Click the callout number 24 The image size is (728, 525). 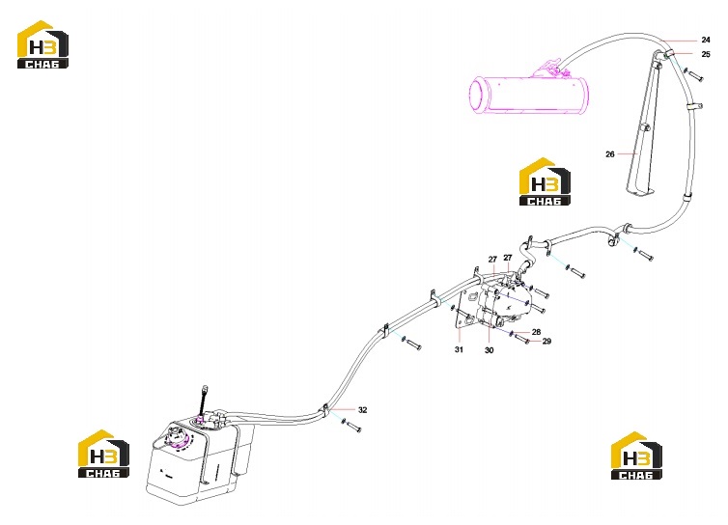(706, 40)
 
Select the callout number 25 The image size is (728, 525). (706, 54)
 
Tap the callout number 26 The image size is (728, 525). (610, 154)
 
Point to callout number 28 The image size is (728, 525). (536, 332)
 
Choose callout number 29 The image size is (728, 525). (546, 342)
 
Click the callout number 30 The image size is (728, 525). (489, 350)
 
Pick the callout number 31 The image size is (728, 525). (459, 349)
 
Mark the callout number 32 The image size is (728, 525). (363, 410)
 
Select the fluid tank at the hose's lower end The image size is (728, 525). (200, 457)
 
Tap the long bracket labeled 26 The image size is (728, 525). (643, 125)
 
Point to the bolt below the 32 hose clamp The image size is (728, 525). (351, 426)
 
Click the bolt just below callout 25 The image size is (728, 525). (693, 74)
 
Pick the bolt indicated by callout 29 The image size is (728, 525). (521, 338)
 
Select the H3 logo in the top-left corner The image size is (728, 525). (42, 44)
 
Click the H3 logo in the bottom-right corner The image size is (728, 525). (636, 456)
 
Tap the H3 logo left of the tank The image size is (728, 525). (103, 454)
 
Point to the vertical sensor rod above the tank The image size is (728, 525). (203, 402)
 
